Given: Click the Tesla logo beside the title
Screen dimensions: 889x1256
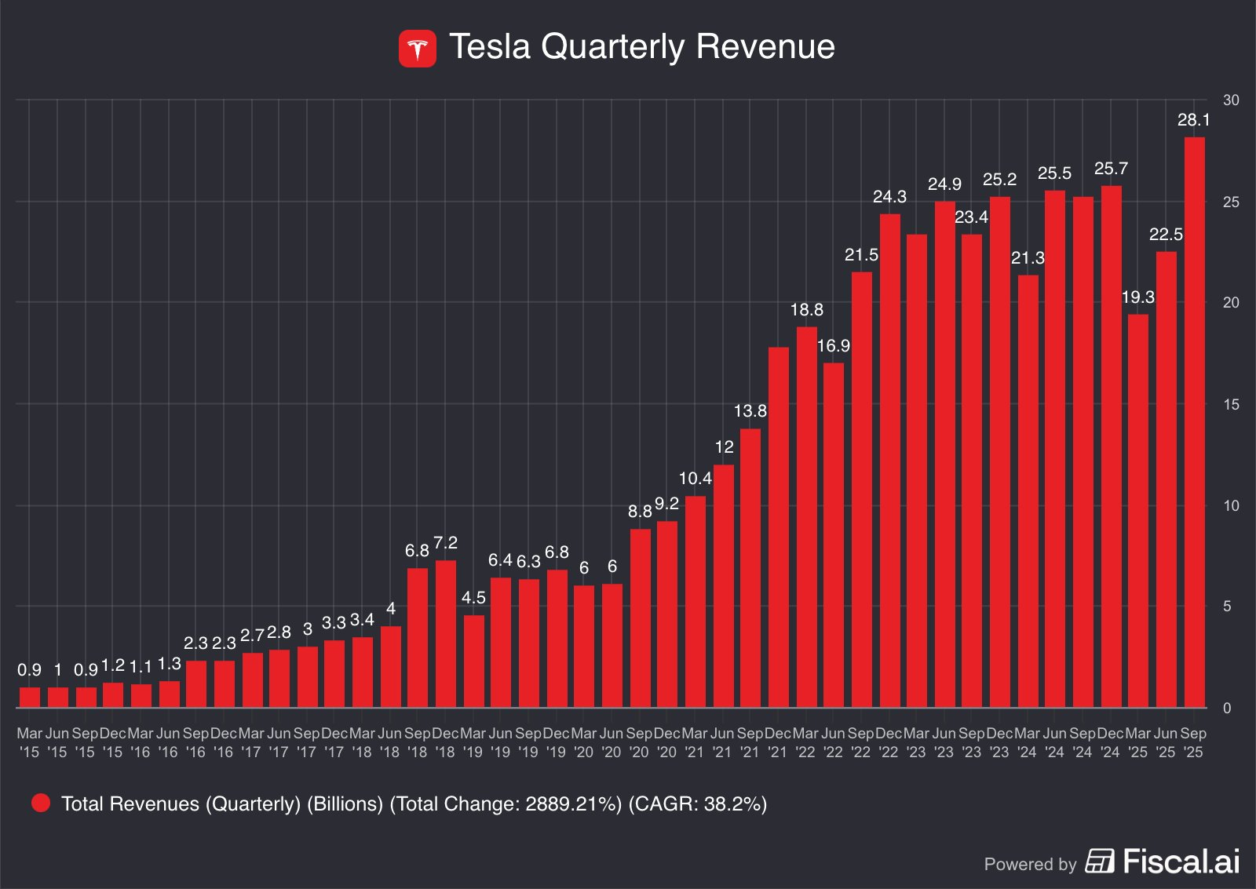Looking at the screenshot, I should click(x=417, y=49).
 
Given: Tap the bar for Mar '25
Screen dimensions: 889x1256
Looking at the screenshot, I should click(x=1138, y=510).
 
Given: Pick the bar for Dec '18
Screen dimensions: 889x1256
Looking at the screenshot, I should click(x=445, y=633).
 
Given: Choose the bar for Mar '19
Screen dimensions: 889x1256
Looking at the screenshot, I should click(x=473, y=661).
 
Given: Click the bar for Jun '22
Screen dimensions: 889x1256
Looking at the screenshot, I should click(x=834, y=534).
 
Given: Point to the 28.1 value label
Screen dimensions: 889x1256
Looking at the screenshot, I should click(x=1193, y=120).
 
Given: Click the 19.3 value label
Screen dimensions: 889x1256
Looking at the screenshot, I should click(x=1137, y=297).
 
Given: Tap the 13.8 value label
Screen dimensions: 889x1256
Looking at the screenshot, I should click(x=750, y=411).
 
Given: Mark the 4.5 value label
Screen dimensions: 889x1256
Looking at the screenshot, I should click(x=473, y=598).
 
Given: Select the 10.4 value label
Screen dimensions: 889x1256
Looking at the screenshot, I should click(x=695, y=479).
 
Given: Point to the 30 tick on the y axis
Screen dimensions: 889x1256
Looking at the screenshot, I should click(x=1231, y=100).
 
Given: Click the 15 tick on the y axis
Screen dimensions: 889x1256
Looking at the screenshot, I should click(x=1231, y=405).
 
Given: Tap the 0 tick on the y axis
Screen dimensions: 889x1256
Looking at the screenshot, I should click(x=1227, y=709).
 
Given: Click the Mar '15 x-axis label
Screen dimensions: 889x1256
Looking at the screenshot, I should click(x=29, y=742).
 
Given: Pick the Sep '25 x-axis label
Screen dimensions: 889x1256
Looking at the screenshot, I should click(x=1193, y=742).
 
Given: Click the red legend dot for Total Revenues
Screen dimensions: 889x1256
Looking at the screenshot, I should click(x=41, y=803).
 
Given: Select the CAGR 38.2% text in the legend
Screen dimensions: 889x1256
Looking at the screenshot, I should click(x=697, y=803).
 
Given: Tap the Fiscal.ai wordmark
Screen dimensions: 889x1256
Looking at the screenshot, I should click(x=1181, y=862).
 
